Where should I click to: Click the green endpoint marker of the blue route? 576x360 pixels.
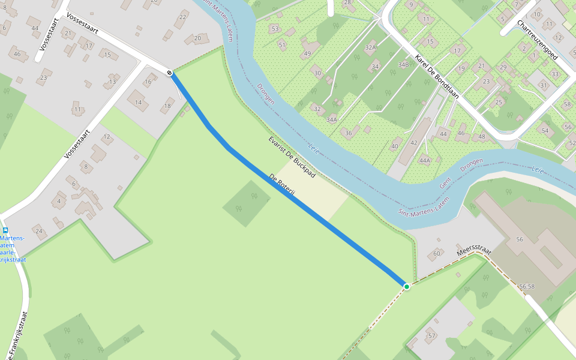[x=407, y=287]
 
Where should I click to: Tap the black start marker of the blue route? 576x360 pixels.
[x=170, y=73]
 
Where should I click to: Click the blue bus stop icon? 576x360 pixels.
[x=5, y=230]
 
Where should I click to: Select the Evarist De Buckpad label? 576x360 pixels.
[x=292, y=157]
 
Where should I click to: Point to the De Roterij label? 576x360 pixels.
[x=281, y=187]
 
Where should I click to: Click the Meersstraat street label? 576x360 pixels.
[x=474, y=248]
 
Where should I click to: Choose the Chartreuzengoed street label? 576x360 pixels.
[x=538, y=40]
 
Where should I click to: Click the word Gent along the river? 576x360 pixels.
[x=445, y=183]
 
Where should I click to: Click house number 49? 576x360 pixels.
[x=307, y=54]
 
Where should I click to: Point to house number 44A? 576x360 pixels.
[x=425, y=160]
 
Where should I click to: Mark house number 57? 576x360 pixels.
[x=431, y=335]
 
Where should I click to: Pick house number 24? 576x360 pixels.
[x=38, y=231]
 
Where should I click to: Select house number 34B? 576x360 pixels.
[x=403, y=64]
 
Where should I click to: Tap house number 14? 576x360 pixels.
[x=138, y=103]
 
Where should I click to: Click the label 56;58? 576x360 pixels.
[x=527, y=287]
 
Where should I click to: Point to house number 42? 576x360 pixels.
[x=413, y=143]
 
